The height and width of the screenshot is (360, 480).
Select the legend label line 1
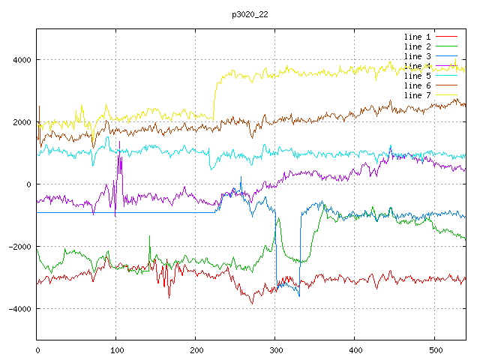(417, 37)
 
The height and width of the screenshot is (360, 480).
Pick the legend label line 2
(417, 46)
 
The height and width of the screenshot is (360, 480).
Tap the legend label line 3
(417, 56)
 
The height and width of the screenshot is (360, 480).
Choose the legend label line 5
(417, 76)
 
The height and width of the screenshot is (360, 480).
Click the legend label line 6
(417, 85)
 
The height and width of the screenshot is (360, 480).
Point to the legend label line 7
(417, 95)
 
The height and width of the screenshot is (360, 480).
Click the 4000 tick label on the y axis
(21, 60)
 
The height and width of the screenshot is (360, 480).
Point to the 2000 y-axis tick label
(21, 122)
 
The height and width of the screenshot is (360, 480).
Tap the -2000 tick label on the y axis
(19, 247)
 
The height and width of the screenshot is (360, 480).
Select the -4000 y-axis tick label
(19, 309)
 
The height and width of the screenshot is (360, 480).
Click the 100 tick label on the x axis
(116, 349)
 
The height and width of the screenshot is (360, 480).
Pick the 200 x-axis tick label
(196, 349)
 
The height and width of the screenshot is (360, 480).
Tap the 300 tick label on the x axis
(275, 349)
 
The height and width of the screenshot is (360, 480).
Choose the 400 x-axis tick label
(355, 349)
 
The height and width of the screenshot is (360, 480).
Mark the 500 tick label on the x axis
(434, 349)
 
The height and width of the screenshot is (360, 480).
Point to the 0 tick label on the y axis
(28, 184)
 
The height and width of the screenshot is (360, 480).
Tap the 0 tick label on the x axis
(37, 349)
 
